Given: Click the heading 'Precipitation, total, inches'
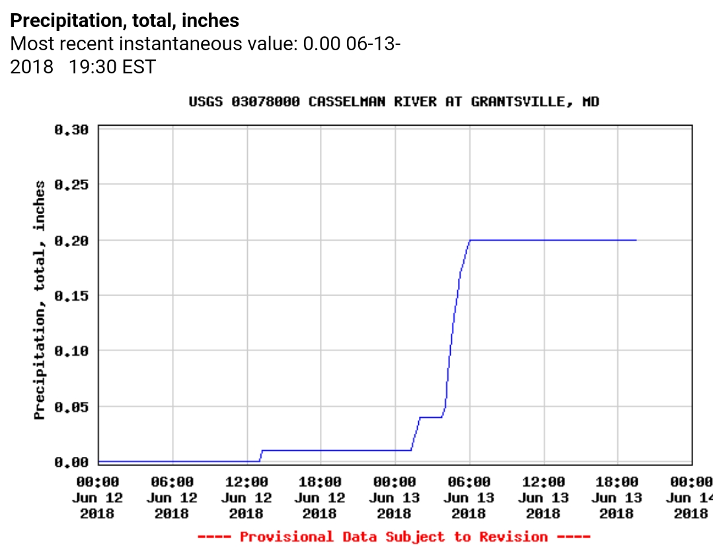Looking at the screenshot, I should pos(125,21).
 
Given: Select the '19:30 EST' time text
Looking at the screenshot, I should pos(112,67).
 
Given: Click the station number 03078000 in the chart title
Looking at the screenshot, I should pos(265,102).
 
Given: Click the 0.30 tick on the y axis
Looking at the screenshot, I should pos(71,129).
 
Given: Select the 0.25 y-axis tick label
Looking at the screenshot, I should pos(71,184).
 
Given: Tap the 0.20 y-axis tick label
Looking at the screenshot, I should pos(71,240).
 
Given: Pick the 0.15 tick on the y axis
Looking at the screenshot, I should pos(71,296).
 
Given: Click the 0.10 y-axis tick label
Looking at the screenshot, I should pos(71,350).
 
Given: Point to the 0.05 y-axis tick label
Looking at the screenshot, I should pos(71,406).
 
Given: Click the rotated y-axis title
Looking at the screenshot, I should pos(40,299).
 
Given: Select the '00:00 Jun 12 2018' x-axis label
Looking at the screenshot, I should pos(98,498).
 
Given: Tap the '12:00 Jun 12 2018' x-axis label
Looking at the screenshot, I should pos(246,498).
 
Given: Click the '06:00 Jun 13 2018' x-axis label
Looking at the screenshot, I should pos(469,498).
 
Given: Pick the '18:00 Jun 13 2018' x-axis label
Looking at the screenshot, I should pos(617,498).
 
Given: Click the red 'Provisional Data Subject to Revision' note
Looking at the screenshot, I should pos(394,536).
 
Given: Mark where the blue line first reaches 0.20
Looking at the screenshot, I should pos(470,240).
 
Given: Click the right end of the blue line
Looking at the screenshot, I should pos(636,240).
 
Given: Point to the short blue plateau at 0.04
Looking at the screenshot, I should pos(431,417).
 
